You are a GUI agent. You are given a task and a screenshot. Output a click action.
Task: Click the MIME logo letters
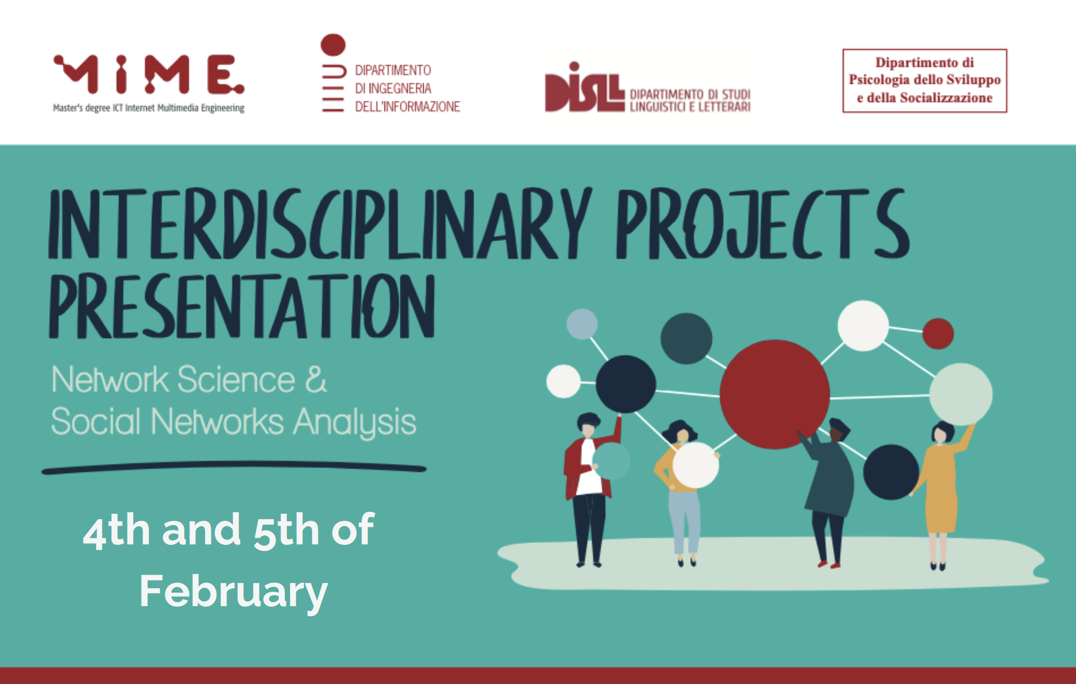pos(149,74)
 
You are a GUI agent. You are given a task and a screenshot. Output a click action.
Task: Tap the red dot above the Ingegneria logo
pos(333,45)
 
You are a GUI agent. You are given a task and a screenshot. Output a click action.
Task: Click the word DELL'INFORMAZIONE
pos(407,106)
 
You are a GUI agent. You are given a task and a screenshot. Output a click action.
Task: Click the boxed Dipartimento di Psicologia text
pos(924,80)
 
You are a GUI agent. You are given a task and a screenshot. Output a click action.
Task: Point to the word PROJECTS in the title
pos(763,223)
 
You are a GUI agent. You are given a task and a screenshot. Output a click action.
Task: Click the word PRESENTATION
pos(242,306)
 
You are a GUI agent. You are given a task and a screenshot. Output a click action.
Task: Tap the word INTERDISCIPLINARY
pos(320,223)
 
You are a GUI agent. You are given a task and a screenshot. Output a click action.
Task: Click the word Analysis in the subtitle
pos(355,422)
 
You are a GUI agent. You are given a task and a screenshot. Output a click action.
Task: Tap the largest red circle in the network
pos(774,394)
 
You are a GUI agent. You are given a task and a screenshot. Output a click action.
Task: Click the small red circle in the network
pos(938,333)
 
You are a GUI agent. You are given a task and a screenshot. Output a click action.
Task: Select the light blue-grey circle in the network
pos(582,324)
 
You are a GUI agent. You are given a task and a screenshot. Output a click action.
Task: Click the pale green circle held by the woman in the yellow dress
pos(960,394)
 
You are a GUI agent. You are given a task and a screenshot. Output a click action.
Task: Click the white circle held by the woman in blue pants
pos(696,465)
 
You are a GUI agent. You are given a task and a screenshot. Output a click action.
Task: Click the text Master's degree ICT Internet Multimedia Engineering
pos(149,108)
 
